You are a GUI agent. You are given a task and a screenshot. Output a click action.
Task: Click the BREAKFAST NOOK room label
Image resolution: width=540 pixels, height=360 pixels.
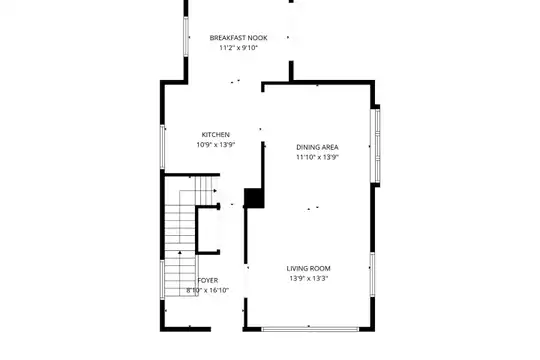pos(238,38)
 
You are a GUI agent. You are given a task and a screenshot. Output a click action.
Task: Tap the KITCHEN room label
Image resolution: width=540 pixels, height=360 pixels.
pos(216,134)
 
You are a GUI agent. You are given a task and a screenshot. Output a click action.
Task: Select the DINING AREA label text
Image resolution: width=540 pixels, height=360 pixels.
pos(317,147)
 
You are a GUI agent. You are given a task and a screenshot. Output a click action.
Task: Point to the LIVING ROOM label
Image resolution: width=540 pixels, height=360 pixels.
pos(309,268)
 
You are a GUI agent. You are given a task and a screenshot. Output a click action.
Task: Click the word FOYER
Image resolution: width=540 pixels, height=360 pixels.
pos(208,280)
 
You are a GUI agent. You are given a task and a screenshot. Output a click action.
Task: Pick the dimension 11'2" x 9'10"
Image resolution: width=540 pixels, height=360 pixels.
pos(238,48)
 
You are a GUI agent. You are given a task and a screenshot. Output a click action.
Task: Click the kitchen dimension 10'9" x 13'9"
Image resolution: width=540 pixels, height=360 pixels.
pos(216,145)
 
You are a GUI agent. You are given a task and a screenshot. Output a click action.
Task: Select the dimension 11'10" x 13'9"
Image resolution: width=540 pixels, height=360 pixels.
pos(317,157)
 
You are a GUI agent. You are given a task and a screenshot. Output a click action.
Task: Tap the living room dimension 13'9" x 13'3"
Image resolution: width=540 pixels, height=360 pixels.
pos(309,278)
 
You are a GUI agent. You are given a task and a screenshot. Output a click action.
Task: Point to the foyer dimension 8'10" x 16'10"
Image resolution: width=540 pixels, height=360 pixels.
pos(208,290)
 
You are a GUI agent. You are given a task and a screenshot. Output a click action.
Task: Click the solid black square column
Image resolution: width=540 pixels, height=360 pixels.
pos(254,198)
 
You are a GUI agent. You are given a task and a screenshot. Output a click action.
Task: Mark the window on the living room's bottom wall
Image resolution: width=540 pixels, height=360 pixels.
pos(310,329)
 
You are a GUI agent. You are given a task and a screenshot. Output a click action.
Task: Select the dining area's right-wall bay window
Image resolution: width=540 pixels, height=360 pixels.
pos(377,146)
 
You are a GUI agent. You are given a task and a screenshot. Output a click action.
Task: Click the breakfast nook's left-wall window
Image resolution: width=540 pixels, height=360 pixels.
pos(186,37)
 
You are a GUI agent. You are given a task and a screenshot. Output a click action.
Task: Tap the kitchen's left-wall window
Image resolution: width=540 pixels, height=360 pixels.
pos(162,147)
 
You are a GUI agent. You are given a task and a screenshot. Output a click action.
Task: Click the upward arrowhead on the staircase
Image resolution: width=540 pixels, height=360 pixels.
pos(180,253)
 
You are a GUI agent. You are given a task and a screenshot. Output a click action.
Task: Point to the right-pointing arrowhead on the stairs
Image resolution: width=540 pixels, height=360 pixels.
pos(215,191)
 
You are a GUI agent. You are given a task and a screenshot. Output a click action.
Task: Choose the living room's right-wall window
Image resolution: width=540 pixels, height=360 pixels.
pos(372,274)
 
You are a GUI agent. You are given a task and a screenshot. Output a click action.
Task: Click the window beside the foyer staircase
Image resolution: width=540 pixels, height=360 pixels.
pos(162,279)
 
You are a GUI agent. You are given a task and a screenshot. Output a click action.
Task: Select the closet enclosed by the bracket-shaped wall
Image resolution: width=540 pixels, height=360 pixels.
pos(207,230)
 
